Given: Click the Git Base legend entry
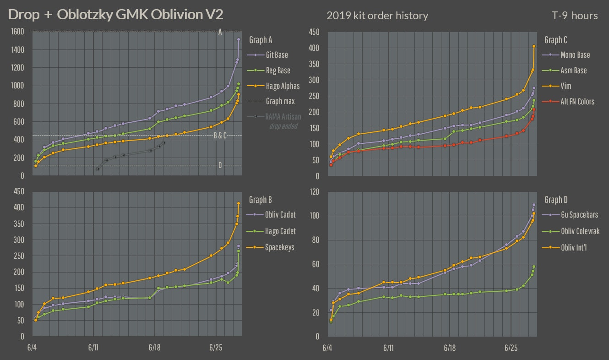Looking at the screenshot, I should click(277, 55).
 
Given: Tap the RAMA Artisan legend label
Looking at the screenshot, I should click(283, 117).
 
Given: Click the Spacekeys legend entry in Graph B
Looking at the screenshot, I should click(279, 247).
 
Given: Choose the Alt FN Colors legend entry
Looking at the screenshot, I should click(577, 101).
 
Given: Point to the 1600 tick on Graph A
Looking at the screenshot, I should click(18, 32).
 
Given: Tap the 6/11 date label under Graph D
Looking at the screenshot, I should click(388, 348).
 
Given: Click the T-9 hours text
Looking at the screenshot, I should click(575, 16).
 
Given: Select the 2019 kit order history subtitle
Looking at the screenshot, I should click(377, 16).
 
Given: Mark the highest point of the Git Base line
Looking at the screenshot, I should click(239, 39).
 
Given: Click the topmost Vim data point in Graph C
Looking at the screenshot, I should click(534, 46).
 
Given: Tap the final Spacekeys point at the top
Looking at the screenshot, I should click(239, 203).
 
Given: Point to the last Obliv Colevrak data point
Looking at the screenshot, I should click(534, 267).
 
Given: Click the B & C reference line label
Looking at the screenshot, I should click(220, 136).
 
